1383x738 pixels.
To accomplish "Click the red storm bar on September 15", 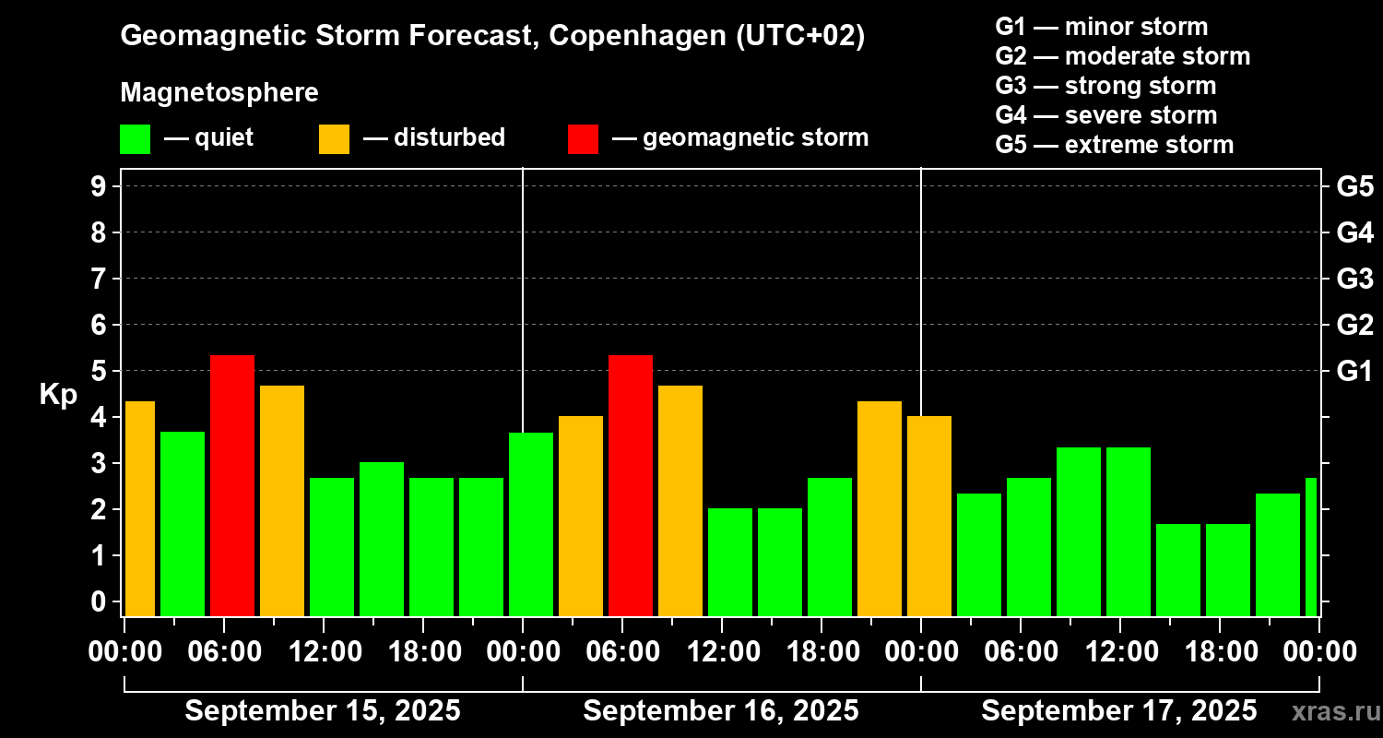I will point(232,485).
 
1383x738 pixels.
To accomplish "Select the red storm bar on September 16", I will point(631,485).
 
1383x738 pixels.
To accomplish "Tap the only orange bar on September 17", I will point(929,516).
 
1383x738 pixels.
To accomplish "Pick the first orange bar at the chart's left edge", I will point(139,508).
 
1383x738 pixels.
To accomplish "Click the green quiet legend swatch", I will point(135,138).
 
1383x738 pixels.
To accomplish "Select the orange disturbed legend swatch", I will point(334,138).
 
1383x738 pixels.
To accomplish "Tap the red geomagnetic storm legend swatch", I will point(583,138).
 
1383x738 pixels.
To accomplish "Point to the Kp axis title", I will point(58,394).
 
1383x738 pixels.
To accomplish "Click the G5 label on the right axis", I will point(1354,186).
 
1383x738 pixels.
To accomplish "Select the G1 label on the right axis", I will point(1354,371).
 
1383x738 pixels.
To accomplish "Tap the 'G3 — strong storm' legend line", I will point(1105,86).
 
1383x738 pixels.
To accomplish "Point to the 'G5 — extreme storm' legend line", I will point(1114,145).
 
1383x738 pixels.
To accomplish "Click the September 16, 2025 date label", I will point(721,711).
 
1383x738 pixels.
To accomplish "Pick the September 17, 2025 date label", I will point(1118,711).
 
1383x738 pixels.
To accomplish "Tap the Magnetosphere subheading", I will point(219,93).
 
